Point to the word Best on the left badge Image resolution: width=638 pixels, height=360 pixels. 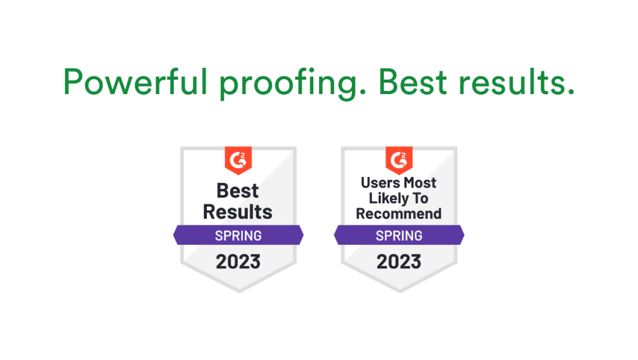click(238, 191)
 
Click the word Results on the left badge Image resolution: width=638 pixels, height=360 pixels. click(238, 212)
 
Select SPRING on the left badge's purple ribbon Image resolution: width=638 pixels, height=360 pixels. click(238, 235)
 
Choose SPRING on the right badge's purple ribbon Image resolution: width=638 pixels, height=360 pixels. click(399, 235)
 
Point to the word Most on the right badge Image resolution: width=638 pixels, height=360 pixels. click(420, 183)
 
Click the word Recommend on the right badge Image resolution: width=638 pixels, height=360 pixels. click(399, 214)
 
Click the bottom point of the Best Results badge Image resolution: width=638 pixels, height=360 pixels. click(238, 291)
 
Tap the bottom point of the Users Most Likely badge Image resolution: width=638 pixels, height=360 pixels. click(399, 291)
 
